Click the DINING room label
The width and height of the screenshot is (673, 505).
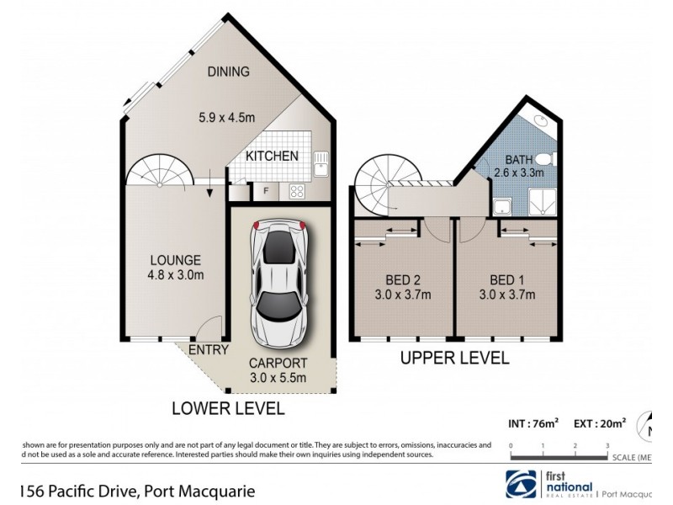(229, 72)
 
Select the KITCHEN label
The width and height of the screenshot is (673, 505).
(272, 157)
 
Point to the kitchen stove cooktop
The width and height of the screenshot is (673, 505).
(298, 191)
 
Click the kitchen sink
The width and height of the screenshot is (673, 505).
(320, 163)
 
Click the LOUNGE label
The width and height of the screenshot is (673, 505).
(176, 260)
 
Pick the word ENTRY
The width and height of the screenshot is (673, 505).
(208, 350)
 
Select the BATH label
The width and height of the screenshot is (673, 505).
(517, 160)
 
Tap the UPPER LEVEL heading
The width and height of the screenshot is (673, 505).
(454, 359)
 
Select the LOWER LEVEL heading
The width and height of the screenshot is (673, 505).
(227, 410)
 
